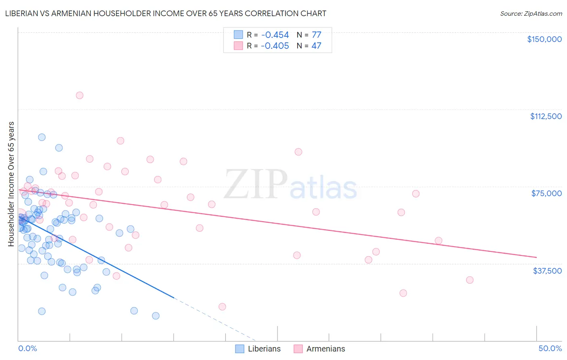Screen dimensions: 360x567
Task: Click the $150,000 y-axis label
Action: (x=544, y=39)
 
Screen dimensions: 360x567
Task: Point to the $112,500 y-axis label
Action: (x=546, y=116)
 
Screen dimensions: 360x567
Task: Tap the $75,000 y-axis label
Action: (x=546, y=193)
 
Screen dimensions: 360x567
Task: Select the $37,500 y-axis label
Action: (x=547, y=271)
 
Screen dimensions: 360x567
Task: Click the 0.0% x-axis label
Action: (x=27, y=348)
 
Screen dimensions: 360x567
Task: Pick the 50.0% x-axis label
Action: (x=550, y=348)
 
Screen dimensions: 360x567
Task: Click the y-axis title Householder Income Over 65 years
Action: (x=11, y=184)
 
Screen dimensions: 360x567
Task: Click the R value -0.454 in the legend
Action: (x=275, y=35)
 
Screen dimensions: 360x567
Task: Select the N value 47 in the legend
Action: (x=316, y=46)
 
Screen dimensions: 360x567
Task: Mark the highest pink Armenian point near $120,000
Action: (x=79, y=95)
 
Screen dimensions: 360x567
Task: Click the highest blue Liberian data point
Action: (x=42, y=137)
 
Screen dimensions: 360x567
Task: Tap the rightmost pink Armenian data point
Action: (x=469, y=280)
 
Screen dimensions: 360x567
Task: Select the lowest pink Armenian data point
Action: (x=222, y=307)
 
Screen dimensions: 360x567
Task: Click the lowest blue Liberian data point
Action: (x=156, y=316)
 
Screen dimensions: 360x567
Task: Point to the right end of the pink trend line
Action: (x=536, y=257)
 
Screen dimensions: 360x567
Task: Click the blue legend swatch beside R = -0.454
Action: (x=238, y=35)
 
